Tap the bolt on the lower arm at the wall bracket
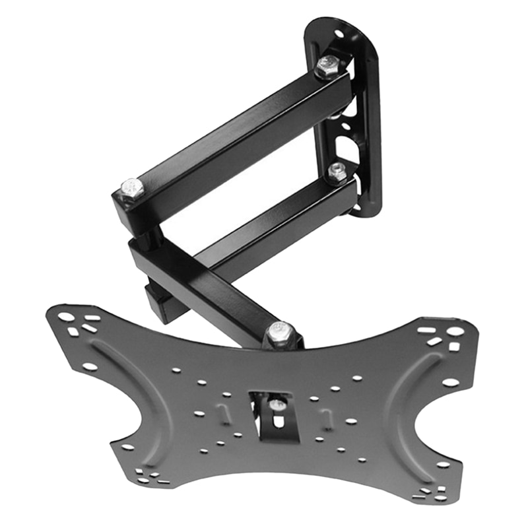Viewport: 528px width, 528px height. [x=337, y=172]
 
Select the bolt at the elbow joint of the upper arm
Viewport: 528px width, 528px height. [x=132, y=189]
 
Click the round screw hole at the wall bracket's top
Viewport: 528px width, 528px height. [x=339, y=32]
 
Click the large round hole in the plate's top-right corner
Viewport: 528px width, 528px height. [x=455, y=331]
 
